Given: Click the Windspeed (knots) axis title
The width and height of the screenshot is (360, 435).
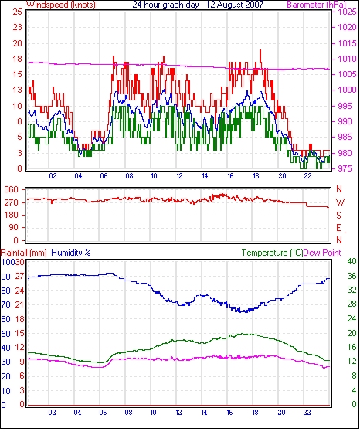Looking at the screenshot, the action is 61,5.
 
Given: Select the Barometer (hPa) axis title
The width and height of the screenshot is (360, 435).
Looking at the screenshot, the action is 317,5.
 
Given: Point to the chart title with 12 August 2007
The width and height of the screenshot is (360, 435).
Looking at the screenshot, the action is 198,5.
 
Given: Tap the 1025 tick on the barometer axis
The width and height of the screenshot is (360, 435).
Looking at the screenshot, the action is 347,12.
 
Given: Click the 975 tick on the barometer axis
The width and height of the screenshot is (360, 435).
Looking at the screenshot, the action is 345,168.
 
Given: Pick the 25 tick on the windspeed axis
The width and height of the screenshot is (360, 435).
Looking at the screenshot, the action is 17,12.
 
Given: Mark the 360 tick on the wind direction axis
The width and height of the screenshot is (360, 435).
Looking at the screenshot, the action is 12,190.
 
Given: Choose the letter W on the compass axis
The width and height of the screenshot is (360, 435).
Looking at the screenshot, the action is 340,202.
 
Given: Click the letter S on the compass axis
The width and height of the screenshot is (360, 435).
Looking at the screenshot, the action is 338,215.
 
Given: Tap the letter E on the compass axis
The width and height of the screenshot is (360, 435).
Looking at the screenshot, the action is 338,228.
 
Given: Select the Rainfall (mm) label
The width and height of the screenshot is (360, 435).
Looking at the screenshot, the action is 24,253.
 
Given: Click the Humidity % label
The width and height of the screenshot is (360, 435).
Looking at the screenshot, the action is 71,253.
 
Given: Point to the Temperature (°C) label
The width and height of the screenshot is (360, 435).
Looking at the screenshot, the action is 272,253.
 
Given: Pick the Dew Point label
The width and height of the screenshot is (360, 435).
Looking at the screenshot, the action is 322,253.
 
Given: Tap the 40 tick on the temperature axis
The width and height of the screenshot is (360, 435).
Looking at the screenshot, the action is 352,261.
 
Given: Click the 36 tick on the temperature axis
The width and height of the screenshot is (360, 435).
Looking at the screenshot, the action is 352,276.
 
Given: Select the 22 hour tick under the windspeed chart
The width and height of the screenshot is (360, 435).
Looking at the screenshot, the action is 307,176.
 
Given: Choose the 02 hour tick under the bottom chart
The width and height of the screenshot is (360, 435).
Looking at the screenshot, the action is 52,413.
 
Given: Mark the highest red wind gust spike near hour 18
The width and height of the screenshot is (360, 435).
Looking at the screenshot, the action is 260,50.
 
